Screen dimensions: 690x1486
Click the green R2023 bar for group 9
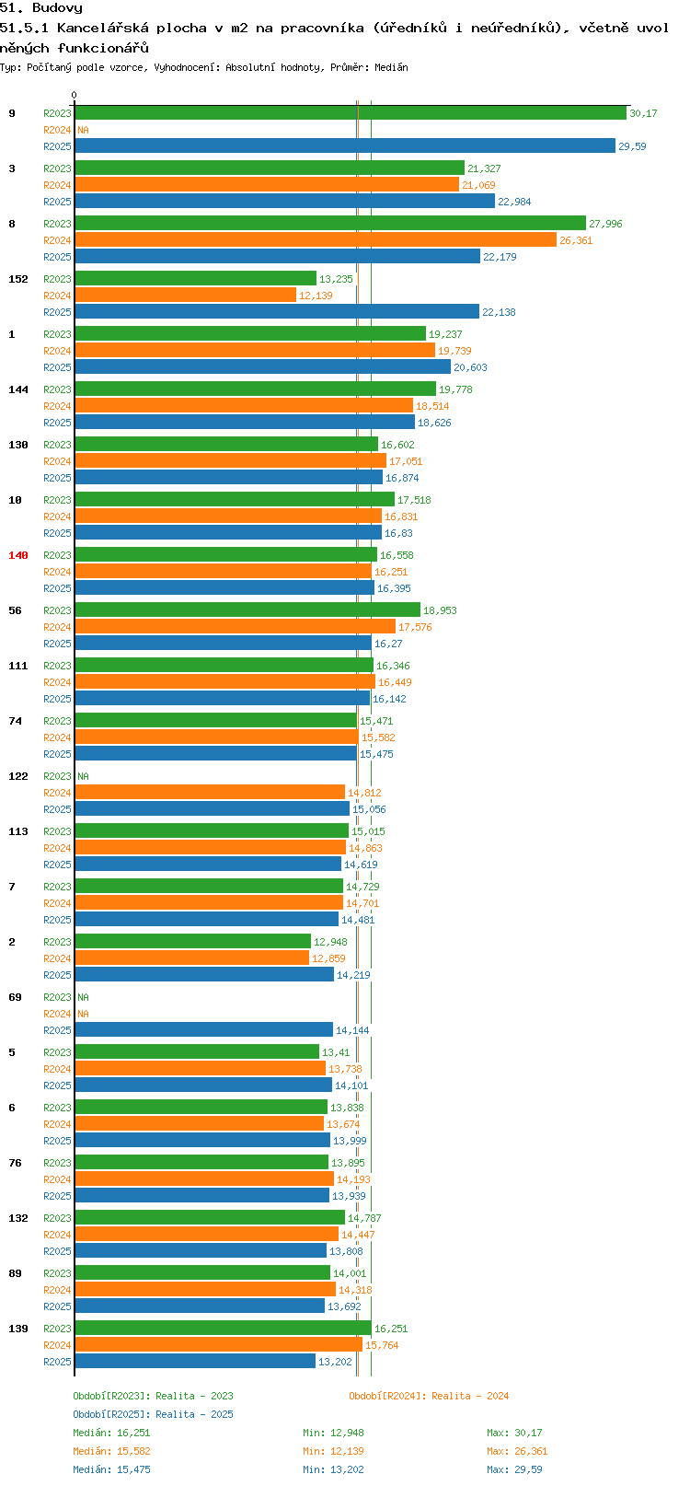[351, 113]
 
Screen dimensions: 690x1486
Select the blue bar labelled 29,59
[345, 146]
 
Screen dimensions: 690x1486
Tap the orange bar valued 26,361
[316, 240]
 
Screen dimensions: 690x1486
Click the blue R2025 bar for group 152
[277, 312]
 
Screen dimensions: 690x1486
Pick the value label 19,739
[454, 351]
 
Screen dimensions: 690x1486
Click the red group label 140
[17, 555]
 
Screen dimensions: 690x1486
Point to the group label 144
[17, 389]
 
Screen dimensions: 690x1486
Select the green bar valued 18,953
[247, 610]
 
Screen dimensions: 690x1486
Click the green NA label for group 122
[83, 776]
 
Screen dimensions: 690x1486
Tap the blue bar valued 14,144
[204, 1030]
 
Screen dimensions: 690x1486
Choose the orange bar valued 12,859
[192, 958]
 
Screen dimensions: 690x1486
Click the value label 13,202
[336, 1362]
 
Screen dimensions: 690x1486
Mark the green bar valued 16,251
[224, 1329]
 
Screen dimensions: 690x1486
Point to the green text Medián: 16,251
[111, 1433]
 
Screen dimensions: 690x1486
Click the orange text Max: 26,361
[517, 1452]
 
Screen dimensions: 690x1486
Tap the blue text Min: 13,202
[333, 1469]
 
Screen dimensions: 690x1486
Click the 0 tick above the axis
[74, 95]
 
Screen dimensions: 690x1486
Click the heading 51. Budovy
[41, 8]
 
